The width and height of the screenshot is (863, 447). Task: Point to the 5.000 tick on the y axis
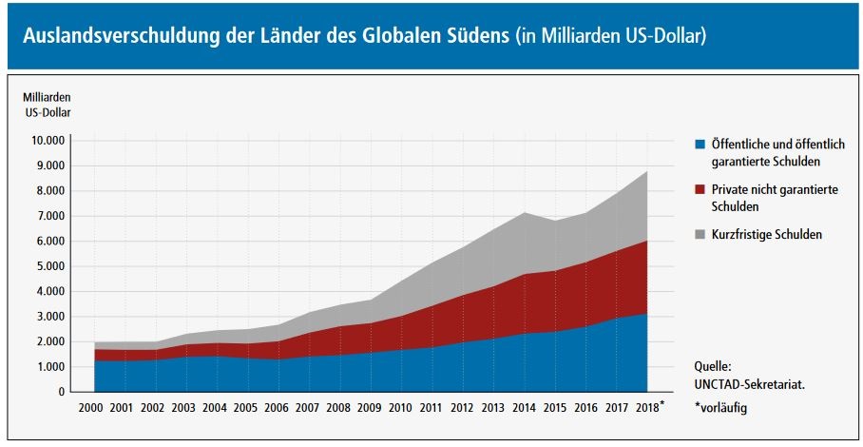pos(50,266)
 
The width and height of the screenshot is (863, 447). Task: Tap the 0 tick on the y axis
pos(61,392)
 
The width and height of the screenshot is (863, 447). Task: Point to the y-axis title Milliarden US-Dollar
pos(47,105)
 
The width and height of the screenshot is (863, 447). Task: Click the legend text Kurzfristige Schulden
pos(766,235)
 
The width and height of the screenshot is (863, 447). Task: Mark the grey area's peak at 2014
pos(525,212)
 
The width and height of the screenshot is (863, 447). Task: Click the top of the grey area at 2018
pos(647,171)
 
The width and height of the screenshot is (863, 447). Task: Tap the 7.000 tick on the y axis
pos(50,216)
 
